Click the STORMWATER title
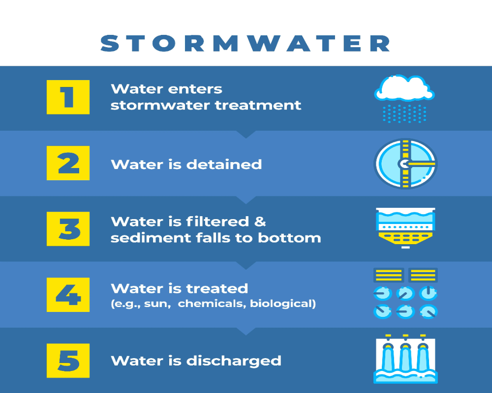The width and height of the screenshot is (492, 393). pos(246,43)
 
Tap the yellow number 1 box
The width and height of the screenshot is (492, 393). pos(68,97)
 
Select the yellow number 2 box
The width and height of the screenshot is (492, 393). pos(68,163)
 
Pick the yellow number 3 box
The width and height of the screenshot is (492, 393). pos(68,229)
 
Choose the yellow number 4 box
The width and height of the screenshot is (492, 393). pos(68,295)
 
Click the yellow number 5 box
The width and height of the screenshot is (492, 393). pos(68,361)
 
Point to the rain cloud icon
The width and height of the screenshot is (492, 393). pos(404,98)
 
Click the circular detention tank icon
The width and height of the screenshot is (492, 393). pos(405,164)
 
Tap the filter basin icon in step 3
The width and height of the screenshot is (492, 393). pos(405,228)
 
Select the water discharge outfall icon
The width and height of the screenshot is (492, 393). pos(405,359)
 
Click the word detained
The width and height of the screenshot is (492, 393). pos(224,164)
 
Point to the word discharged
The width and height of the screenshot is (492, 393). pos(234,361)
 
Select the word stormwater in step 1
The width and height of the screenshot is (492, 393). pos(160,105)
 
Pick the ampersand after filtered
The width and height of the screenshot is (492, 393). pos(260,222)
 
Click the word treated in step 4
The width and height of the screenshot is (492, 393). pos(217,289)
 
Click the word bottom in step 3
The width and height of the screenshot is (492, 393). pos(289,238)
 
